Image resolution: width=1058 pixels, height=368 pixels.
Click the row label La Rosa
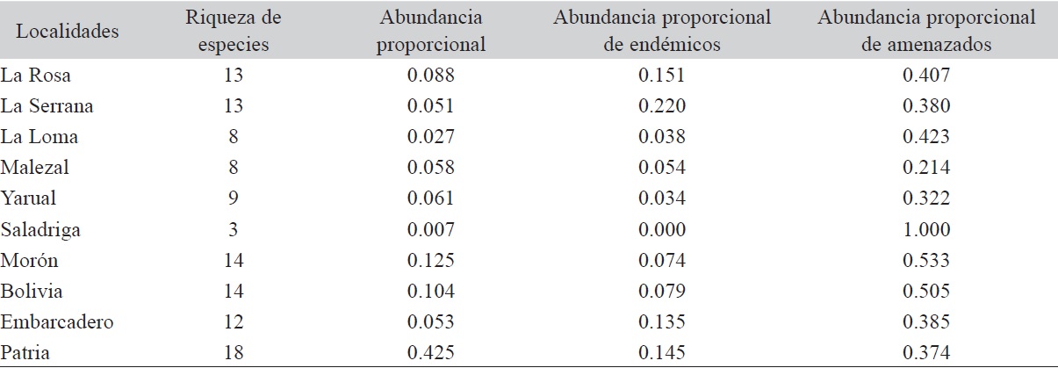click(x=35, y=76)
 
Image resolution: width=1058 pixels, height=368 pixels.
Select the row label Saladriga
click(x=40, y=229)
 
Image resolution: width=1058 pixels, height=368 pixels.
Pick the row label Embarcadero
click(x=57, y=321)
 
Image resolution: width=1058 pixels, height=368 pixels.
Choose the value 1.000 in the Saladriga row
click(x=926, y=229)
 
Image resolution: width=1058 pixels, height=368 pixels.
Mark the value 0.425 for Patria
click(x=431, y=352)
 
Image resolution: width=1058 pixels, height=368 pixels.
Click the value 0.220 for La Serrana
click(x=662, y=106)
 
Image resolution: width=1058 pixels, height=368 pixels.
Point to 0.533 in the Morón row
click(x=926, y=260)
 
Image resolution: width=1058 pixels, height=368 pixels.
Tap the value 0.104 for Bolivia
click(x=431, y=291)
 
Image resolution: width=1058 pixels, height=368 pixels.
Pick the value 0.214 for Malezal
click(x=926, y=168)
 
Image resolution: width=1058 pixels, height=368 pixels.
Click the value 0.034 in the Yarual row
click(x=662, y=198)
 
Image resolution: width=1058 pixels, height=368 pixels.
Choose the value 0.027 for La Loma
click(x=431, y=137)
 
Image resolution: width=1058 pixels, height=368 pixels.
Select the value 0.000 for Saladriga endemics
click(x=662, y=229)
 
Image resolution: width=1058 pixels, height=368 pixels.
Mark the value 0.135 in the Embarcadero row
click(x=662, y=321)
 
